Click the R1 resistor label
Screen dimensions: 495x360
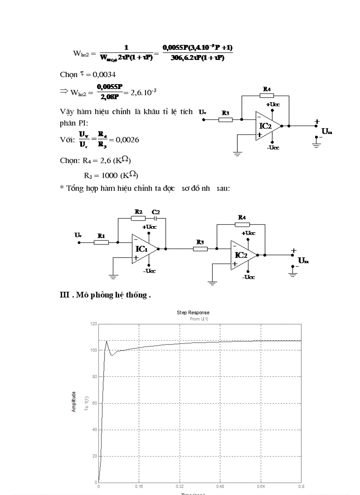coord(101,235)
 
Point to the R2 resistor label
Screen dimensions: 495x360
coord(138,212)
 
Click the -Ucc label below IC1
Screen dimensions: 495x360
coord(149,271)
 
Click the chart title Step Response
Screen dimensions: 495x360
coord(193,313)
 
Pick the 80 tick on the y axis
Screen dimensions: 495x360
coord(94,376)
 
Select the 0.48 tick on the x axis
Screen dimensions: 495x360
coord(220,487)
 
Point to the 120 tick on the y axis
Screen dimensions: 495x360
coord(93,324)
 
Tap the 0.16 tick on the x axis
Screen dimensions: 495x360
coord(139,487)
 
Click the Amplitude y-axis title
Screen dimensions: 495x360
coord(74,402)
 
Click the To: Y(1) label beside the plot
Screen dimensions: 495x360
coord(86,402)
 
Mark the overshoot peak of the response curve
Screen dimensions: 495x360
coord(106,341)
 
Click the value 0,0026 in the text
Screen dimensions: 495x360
coord(127,140)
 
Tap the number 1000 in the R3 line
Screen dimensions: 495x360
coord(109,175)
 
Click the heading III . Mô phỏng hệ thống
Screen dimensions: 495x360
coord(105,295)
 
